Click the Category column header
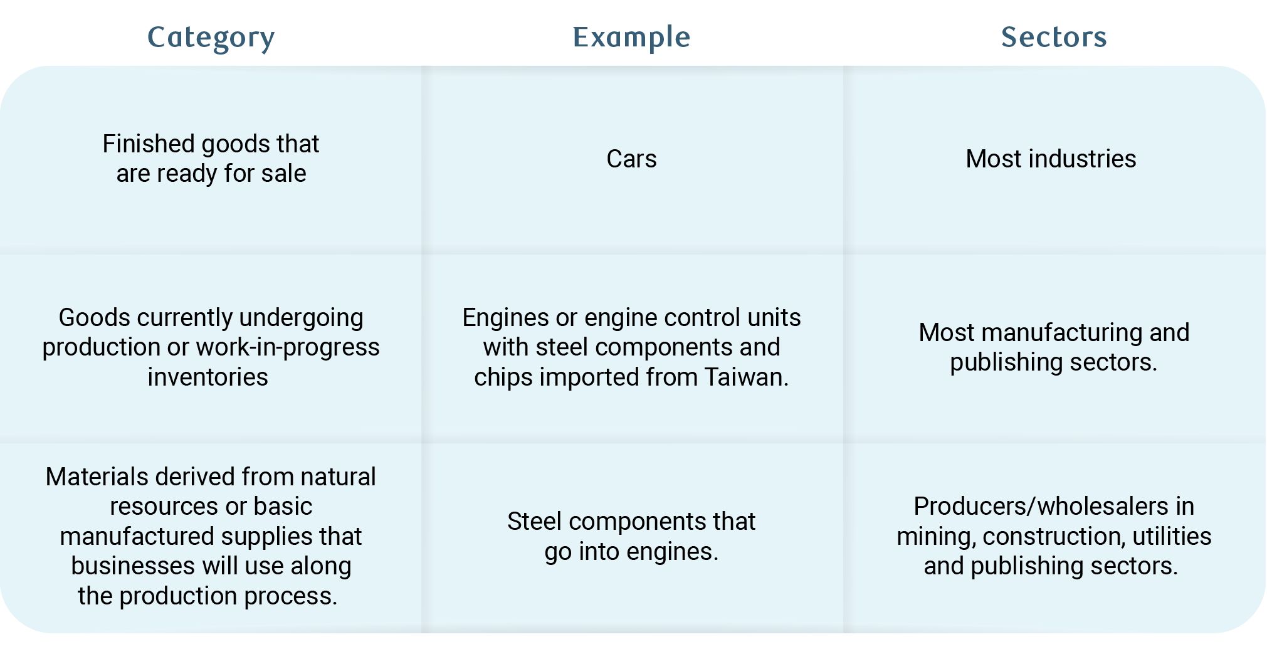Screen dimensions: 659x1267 [x=211, y=38]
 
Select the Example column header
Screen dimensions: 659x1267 [x=631, y=37]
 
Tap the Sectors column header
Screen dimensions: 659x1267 [x=1054, y=37]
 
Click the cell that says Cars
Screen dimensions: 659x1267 [x=631, y=159]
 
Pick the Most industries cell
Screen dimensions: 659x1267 [x=1051, y=159]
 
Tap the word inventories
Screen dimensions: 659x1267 [x=208, y=377]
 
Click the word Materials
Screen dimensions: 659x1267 [x=97, y=477]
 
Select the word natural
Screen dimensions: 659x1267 [x=338, y=477]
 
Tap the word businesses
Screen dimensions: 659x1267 [x=133, y=566]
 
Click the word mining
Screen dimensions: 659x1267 [x=935, y=536]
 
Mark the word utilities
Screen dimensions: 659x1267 [x=1172, y=536]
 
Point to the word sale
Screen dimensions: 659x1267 [x=285, y=174]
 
